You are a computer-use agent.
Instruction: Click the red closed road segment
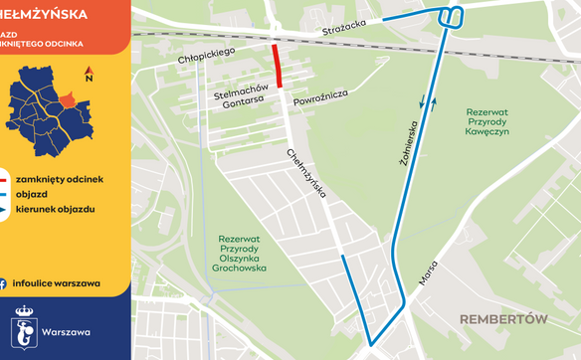279,66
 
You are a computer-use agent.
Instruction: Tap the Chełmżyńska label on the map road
307,175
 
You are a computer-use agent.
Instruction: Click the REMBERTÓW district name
504,319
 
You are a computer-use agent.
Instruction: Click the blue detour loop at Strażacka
451,17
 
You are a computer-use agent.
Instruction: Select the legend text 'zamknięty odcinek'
59,178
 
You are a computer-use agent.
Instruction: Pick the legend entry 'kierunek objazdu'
55,210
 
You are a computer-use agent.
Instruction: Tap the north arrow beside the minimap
90,74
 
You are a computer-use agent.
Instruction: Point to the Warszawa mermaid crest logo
25,326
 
